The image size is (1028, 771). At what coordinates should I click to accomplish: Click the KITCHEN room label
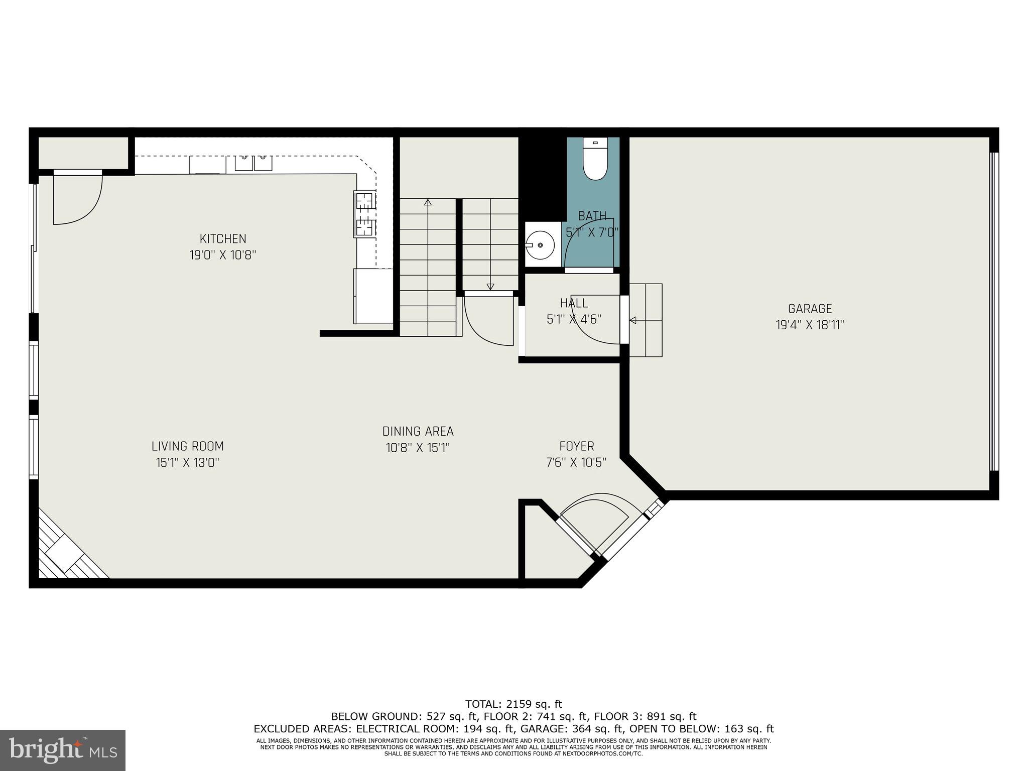tap(223, 239)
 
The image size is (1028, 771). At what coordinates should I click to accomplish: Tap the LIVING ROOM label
tap(187, 446)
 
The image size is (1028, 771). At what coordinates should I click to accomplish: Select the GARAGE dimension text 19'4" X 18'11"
tap(810, 325)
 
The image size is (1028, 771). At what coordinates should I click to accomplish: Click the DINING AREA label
tap(418, 431)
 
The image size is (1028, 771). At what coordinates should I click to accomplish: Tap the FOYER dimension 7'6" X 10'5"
tap(576, 462)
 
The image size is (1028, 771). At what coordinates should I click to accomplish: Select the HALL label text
tap(574, 303)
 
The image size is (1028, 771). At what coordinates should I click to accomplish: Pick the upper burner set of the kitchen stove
tap(365, 201)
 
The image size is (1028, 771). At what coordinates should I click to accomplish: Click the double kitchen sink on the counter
tap(253, 163)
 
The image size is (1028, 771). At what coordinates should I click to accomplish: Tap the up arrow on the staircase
tap(428, 203)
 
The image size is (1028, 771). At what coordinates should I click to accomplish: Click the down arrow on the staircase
tap(490, 287)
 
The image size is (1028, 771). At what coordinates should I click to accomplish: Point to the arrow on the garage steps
tap(633, 320)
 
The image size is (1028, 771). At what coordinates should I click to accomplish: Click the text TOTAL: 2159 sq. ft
tap(513, 704)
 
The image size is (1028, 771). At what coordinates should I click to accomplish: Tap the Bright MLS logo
tap(63, 750)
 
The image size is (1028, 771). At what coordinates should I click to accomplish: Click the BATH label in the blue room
tap(592, 216)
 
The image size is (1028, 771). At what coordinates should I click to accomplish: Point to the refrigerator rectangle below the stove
tap(373, 297)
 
